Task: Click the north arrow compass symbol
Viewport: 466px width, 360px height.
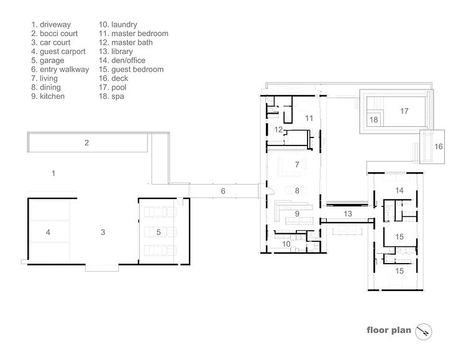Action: (x=424, y=331)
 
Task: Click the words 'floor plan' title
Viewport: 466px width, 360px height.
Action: (x=389, y=330)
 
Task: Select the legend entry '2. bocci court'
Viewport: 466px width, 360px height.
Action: (x=55, y=34)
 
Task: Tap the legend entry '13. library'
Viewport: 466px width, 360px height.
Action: (x=116, y=52)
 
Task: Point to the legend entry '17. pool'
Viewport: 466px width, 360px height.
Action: (x=112, y=88)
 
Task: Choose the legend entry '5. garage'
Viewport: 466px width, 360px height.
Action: (x=48, y=60)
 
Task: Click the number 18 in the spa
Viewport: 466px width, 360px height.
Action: (x=373, y=119)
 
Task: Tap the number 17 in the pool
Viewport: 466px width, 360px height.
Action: (x=404, y=111)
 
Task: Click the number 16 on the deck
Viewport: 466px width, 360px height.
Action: (x=439, y=146)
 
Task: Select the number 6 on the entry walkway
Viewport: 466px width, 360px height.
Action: (x=223, y=191)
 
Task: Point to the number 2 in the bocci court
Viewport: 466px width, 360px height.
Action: (x=86, y=143)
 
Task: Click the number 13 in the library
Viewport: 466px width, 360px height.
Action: (x=348, y=214)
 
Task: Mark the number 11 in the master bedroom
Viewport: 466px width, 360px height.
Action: (x=309, y=118)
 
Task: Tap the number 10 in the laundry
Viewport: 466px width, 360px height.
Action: (x=286, y=244)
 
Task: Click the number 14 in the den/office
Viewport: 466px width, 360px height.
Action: (x=400, y=190)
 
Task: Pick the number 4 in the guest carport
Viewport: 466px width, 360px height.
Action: (x=48, y=233)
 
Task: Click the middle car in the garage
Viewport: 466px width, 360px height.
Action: (x=160, y=232)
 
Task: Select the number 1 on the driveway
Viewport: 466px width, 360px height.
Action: (x=53, y=173)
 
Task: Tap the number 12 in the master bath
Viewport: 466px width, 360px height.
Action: (x=278, y=129)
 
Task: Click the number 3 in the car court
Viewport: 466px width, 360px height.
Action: (x=103, y=233)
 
